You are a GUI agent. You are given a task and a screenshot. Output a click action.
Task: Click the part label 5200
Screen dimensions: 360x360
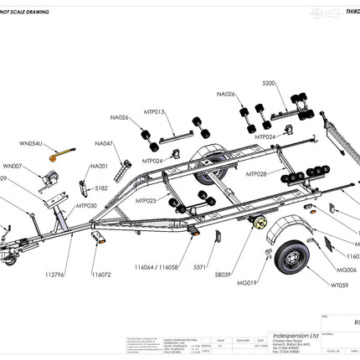click(x=268, y=85)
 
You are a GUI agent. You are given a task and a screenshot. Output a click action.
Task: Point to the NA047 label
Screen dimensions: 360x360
click(x=104, y=143)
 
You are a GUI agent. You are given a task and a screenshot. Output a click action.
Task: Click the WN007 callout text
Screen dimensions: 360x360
click(x=13, y=166)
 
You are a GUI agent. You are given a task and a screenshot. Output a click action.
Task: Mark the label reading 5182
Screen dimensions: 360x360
click(x=101, y=189)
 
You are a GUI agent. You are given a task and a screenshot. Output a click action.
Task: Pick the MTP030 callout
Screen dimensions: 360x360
click(x=86, y=205)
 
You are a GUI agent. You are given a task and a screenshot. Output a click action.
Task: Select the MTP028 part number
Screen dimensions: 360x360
click(x=257, y=174)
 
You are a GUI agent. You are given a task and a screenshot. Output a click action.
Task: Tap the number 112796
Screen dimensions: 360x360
click(x=54, y=274)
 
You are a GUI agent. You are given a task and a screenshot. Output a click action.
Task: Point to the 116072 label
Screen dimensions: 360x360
click(x=101, y=274)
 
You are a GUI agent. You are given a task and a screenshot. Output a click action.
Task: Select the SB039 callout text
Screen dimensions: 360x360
click(x=224, y=274)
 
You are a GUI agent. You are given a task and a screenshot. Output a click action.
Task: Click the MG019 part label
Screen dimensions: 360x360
click(x=246, y=284)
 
